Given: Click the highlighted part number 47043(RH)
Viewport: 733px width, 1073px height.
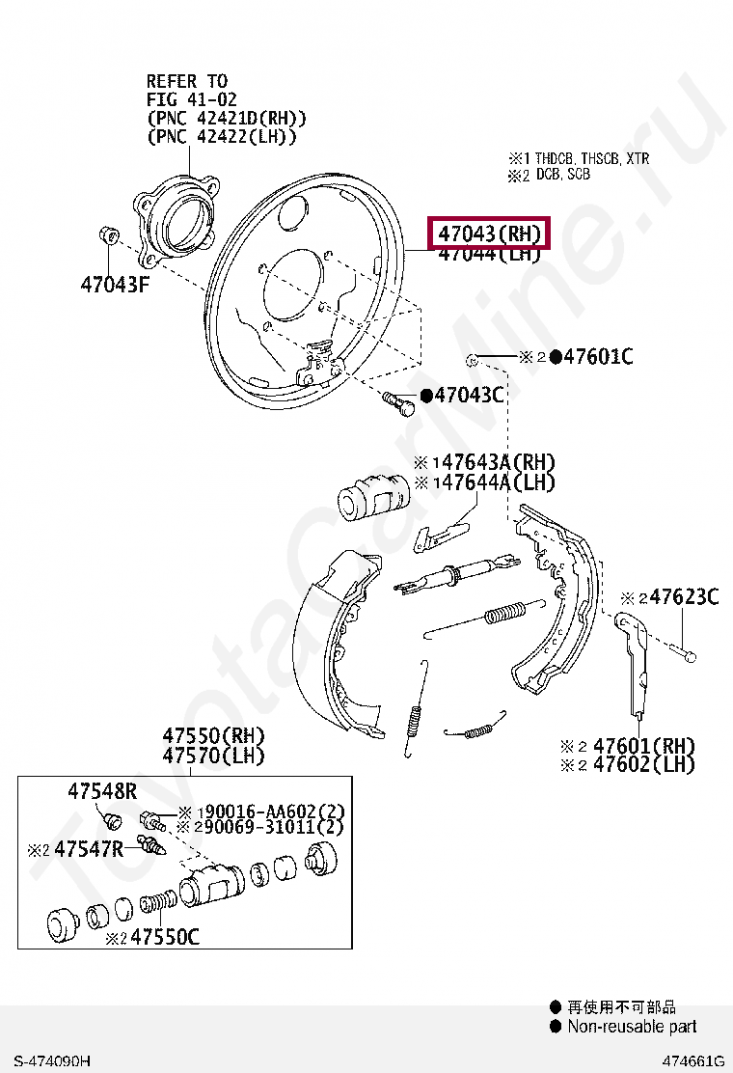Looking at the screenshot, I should click(489, 233).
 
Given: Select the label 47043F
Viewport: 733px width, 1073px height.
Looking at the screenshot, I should click(115, 285).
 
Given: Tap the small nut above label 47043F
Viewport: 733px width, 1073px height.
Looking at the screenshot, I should click(109, 235).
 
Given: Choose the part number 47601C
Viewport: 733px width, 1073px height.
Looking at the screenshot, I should click(597, 357).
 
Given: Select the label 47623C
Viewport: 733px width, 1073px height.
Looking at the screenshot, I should click(683, 597).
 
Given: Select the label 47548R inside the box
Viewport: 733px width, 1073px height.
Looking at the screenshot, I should click(102, 791).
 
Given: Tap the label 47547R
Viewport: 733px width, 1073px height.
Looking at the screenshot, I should click(89, 849).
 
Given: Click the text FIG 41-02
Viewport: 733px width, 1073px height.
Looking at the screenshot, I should click(191, 99).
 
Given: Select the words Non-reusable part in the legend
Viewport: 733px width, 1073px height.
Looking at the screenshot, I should click(631, 1027).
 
